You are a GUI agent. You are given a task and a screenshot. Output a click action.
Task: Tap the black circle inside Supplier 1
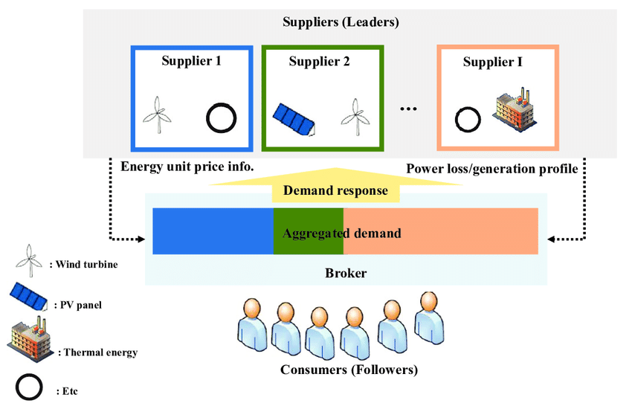(x=221, y=117)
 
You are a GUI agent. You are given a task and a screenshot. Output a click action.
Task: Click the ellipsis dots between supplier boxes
(x=409, y=109)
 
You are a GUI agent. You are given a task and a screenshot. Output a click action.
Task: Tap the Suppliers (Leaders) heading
(x=341, y=22)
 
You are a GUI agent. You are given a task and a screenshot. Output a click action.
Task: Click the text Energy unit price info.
(x=187, y=167)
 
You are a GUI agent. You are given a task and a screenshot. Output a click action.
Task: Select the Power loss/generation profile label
(x=491, y=169)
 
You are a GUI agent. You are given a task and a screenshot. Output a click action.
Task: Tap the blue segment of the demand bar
(x=213, y=232)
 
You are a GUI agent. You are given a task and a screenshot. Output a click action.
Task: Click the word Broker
(x=346, y=273)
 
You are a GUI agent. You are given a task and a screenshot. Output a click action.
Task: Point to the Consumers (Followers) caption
(x=349, y=370)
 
